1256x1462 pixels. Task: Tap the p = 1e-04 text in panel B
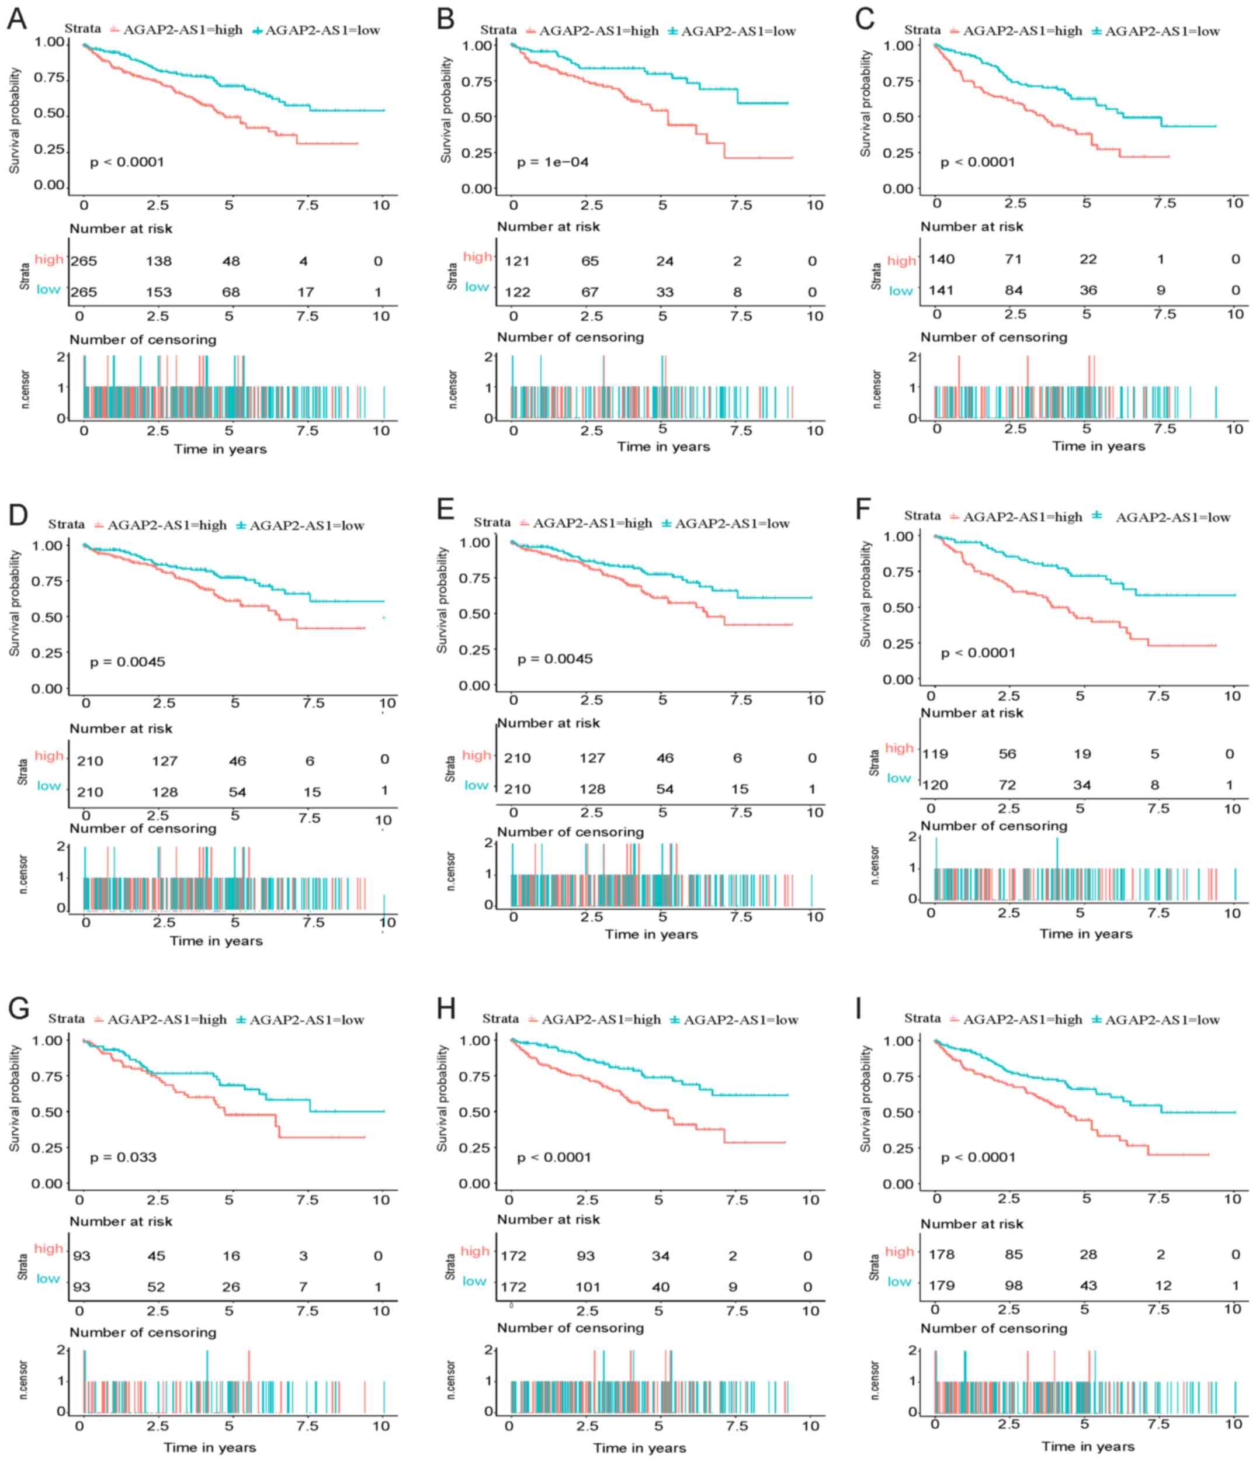[552, 163]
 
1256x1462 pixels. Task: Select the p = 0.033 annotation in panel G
[123, 1157]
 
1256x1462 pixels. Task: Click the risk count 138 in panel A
[159, 261]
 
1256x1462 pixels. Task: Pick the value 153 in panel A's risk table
[159, 292]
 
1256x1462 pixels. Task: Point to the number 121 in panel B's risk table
[516, 261]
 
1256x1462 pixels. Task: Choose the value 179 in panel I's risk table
[941, 1286]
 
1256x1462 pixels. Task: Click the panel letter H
[446, 1009]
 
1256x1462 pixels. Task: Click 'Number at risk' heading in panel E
[549, 723]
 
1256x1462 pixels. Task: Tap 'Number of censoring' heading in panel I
[994, 1329]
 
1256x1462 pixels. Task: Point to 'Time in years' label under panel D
[216, 941]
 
